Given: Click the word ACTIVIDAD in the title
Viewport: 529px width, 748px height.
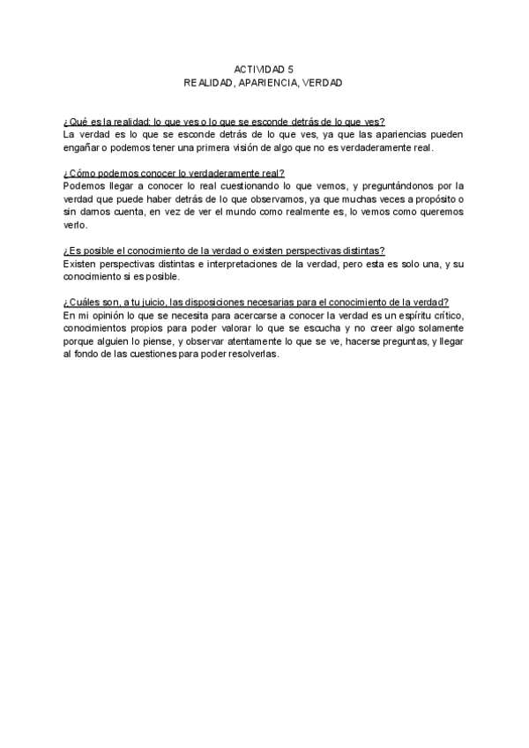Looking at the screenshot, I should coord(256,69).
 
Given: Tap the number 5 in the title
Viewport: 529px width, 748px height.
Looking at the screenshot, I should coord(291,69).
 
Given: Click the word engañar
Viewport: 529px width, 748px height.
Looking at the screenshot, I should coord(82,148).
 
